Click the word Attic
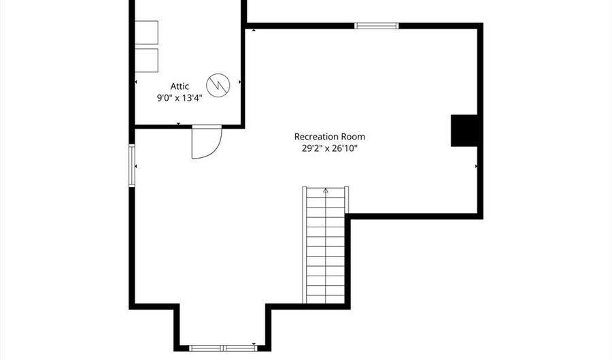pos(180,86)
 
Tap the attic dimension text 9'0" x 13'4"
pos(180,97)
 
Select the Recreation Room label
pos(330,137)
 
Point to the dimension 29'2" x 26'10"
pos(330,148)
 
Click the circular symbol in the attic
pos(218,85)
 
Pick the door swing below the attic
pos(207,142)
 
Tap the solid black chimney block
pos(464,131)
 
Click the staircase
pos(326,245)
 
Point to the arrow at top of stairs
pos(326,191)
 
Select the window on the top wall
pos(376,26)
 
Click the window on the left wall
pos(132,165)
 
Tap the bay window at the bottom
pos(223,348)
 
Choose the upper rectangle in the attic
pos(146,33)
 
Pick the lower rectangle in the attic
pos(146,61)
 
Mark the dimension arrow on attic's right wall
pos(239,82)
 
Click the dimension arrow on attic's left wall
pos(136,82)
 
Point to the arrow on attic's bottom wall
pos(178,124)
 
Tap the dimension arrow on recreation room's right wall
pos(476,166)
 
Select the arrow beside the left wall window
pos(136,166)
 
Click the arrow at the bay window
pos(254,344)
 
